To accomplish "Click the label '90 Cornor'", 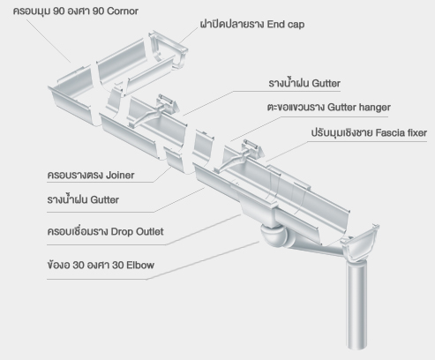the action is pos(116,11).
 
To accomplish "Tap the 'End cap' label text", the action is pos(286,24).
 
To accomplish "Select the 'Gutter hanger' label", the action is pos(359,108).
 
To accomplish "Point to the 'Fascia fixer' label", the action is pos(401,132).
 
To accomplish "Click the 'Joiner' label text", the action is pos(120,176).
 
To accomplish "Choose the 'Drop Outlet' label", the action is pos(137,231).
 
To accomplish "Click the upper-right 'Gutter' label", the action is pos(326,83).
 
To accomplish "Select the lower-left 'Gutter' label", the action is pos(105,199).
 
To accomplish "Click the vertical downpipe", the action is pos(357,304).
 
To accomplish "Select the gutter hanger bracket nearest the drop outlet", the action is pos(241,156).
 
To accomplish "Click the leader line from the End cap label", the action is pos(188,36).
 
